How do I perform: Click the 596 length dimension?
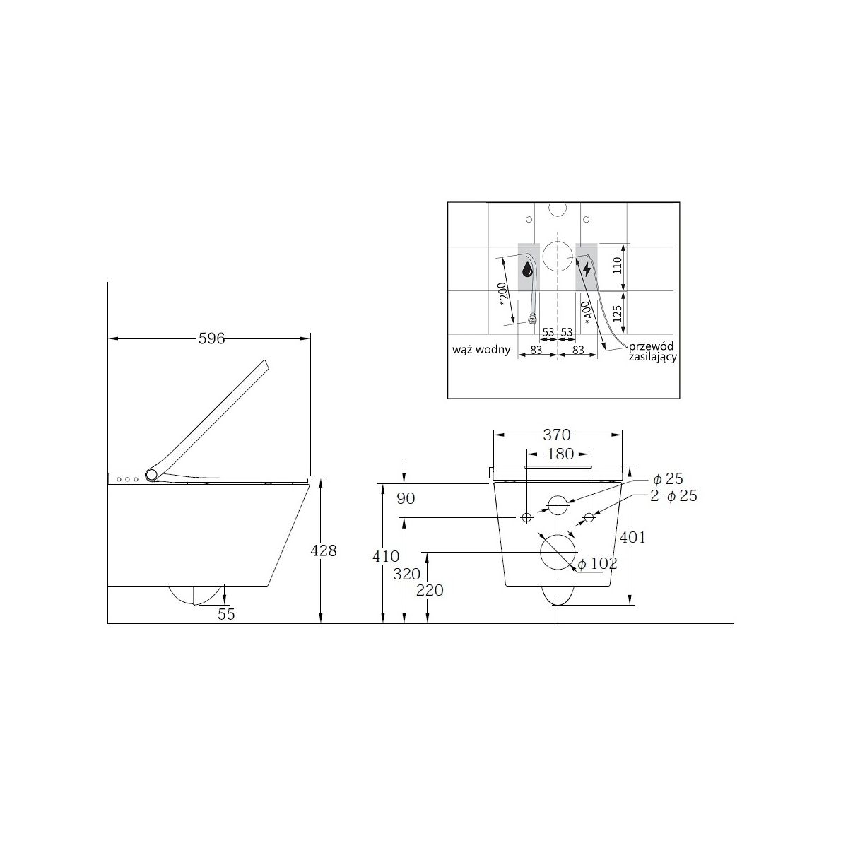211,338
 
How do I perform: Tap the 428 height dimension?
324,550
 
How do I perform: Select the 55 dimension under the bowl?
226,614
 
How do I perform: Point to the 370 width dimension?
557,435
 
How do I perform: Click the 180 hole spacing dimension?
560,454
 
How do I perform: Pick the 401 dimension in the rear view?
632,537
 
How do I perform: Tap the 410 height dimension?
386,557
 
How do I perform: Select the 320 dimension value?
406,575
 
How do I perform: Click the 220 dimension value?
430,590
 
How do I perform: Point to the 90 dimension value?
406,499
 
